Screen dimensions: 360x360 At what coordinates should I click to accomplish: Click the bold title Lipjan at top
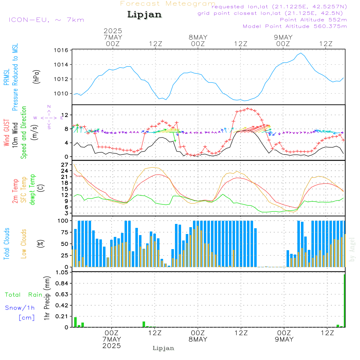[x=144, y=15]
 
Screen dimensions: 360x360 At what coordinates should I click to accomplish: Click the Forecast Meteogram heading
[x=168, y=4]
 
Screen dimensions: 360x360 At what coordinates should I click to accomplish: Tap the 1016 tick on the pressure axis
[x=61, y=50]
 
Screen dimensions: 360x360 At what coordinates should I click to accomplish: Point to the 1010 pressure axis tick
[x=61, y=94]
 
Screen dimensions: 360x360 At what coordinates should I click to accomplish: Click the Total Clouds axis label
[x=6, y=244]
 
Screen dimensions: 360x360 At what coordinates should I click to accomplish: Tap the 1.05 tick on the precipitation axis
[x=62, y=273]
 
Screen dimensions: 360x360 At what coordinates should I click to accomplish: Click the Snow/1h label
[x=20, y=308]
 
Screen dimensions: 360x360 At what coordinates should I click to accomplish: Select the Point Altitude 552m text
[x=313, y=20]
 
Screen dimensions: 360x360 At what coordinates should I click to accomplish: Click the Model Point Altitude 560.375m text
[x=295, y=26]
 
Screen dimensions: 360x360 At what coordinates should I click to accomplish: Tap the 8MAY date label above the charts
[x=198, y=37]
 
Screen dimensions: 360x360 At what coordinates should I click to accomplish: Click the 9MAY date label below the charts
[x=284, y=339]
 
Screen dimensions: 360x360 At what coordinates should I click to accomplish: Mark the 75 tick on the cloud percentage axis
[x=64, y=232]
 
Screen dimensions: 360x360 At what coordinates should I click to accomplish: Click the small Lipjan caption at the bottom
[x=163, y=348]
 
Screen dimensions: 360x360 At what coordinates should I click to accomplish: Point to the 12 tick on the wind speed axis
[x=65, y=115]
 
